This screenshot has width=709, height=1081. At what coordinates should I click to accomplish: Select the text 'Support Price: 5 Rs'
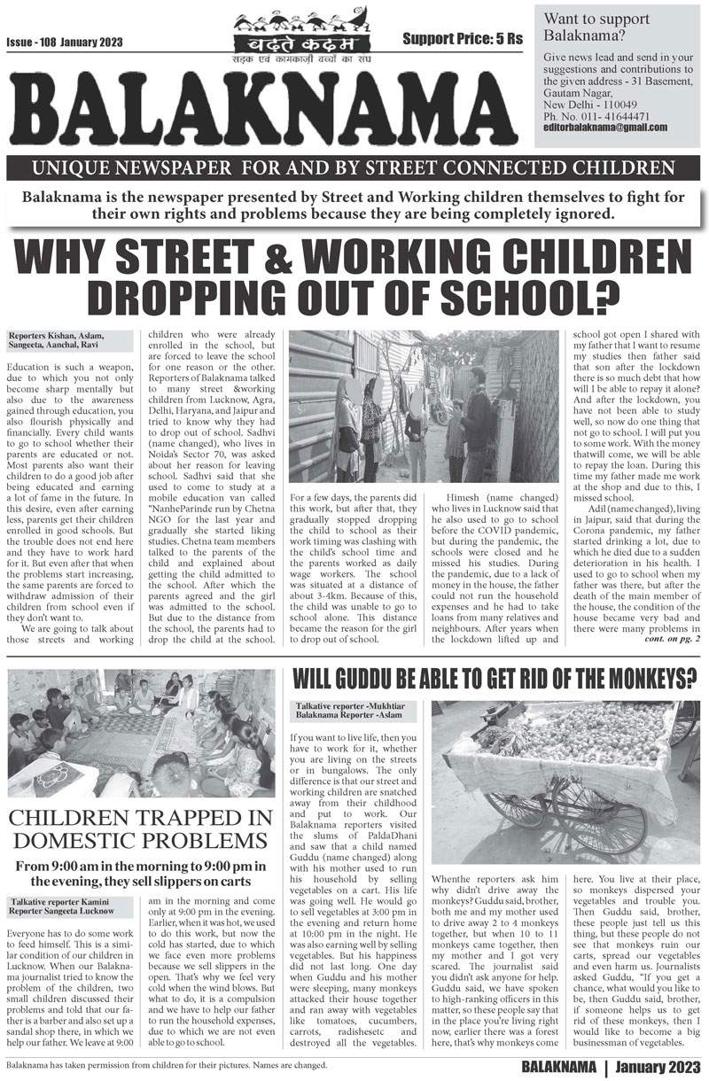(463, 39)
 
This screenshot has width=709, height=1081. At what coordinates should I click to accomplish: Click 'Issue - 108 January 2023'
(64, 43)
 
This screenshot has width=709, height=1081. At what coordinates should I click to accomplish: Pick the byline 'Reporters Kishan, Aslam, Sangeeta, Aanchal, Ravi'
(58, 341)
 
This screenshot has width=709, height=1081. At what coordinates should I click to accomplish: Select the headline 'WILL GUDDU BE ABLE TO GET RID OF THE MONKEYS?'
(494, 680)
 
